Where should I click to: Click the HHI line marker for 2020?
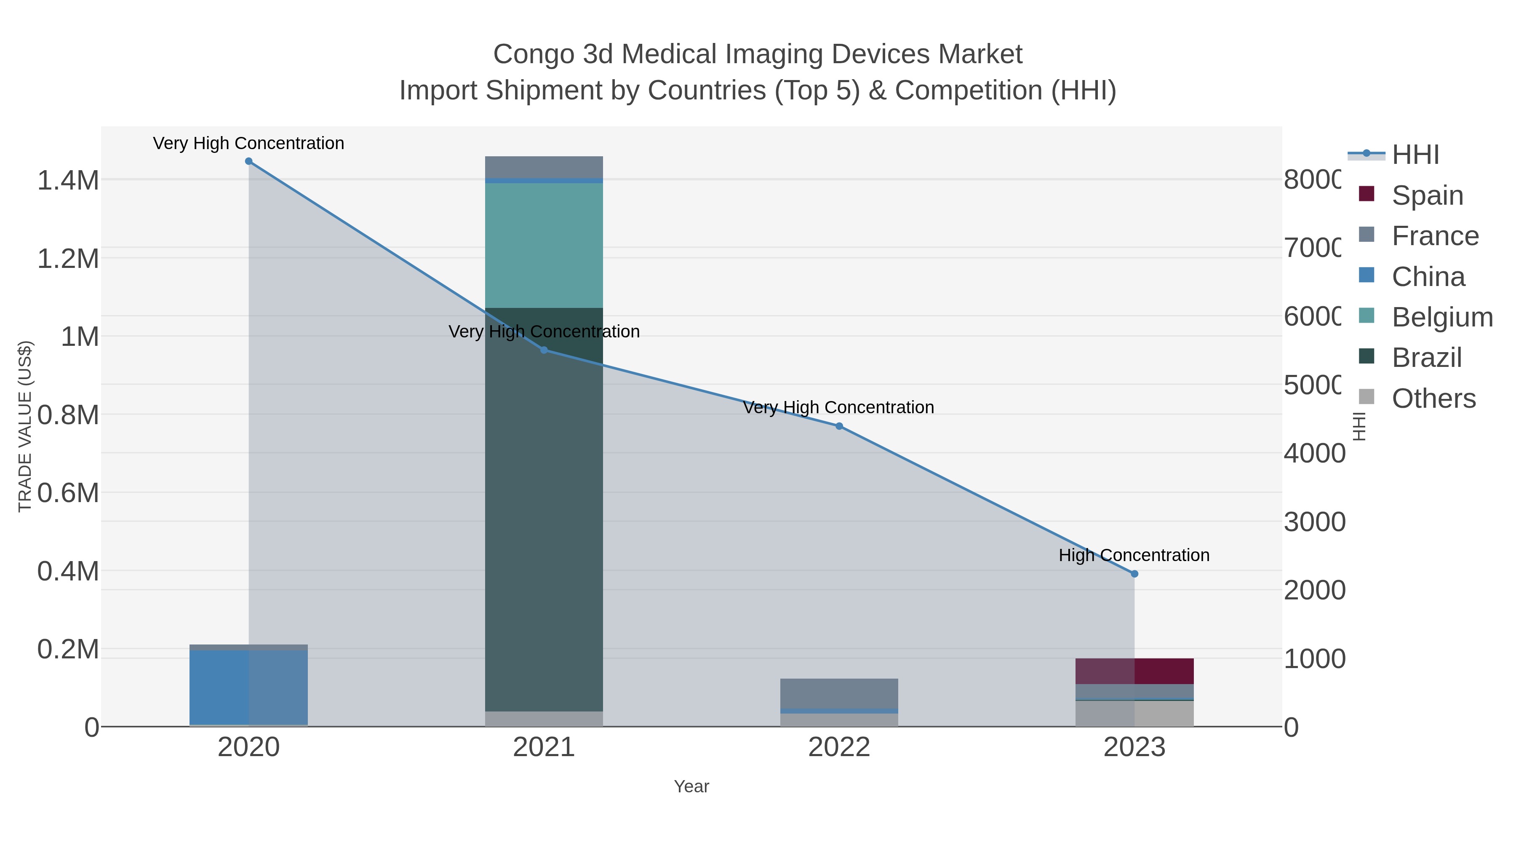pyautogui.click(x=248, y=161)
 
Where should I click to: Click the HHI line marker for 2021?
pyautogui.click(x=544, y=350)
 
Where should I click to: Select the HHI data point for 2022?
pyautogui.click(x=839, y=426)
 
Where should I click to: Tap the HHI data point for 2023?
pyautogui.click(x=1134, y=574)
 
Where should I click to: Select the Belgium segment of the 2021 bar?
pyautogui.click(x=544, y=245)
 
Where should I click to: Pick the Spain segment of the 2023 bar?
pyautogui.click(x=1134, y=671)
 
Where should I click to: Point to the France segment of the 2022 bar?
pyautogui.click(x=839, y=693)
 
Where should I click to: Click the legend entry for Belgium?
pyautogui.click(x=1442, y=317)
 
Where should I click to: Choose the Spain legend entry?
pyautogui.click(x=1427, y=195)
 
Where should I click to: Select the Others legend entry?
pyautogui.click(x=1433, y=398)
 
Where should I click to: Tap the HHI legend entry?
pyautogui.click(x=1415, y=155)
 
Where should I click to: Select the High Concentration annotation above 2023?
pyautogui.click(x=1134, y=555)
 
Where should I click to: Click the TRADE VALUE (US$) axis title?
pyautogui.click(x=25, y=426)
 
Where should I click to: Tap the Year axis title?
pyautogui.click(x=691, y=786)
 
